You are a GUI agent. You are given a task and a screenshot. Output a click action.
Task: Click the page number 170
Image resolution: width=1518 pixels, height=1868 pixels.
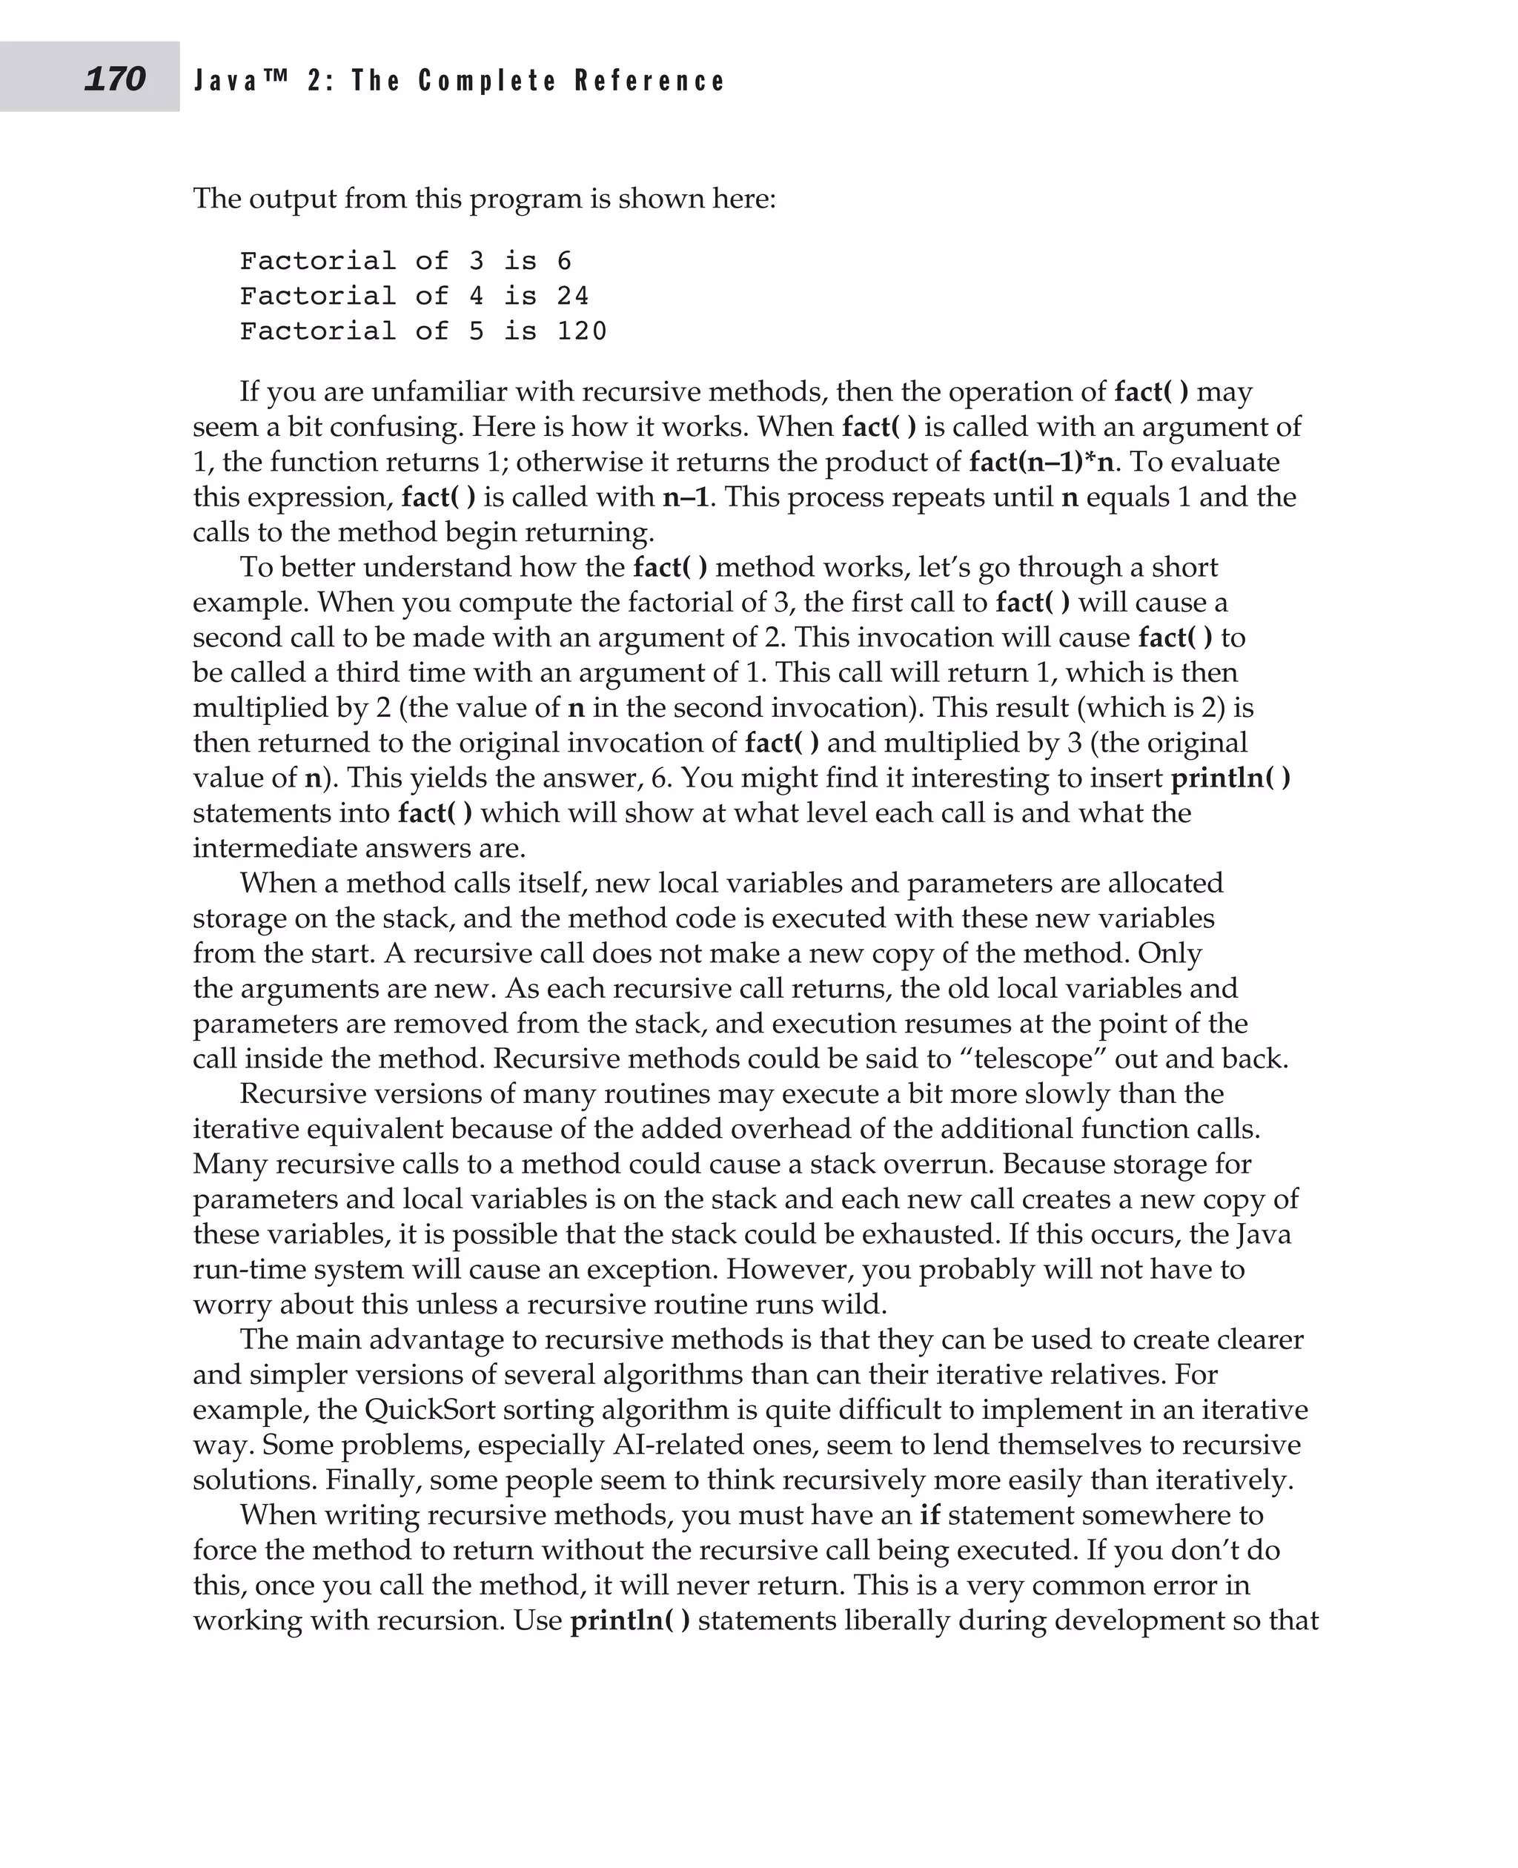click(x=115, y=79)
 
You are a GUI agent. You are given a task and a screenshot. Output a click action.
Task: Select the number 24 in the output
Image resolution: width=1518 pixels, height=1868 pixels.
click(x=573, y=297)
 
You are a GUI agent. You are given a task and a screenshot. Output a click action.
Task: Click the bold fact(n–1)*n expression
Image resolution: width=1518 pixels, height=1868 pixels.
click(x=1041, y=462)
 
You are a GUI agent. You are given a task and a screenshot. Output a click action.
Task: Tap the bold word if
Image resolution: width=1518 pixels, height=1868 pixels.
click(x=929, y=1514)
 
